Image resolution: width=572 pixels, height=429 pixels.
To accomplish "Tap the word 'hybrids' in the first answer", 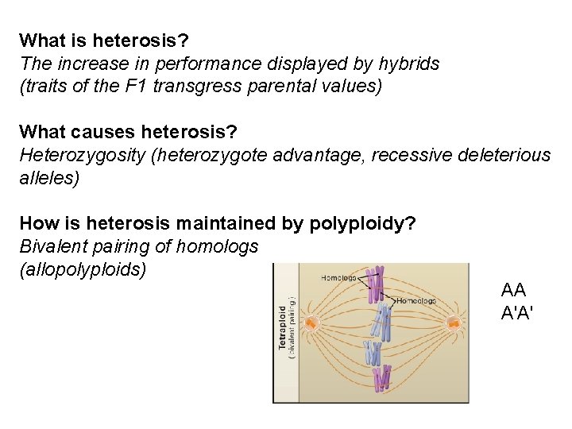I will click(x=408, y=64).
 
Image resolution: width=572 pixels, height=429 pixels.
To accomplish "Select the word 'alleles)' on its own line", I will click(x=49, y=178).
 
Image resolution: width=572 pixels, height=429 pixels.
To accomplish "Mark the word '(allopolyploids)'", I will click(x=83, y=269).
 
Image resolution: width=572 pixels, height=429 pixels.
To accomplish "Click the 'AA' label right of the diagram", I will click(x=515, y=290).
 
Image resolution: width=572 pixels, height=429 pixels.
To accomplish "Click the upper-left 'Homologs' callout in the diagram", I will click(x=339, y=277).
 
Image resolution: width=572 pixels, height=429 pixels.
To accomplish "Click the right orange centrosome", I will click(x=454, y=323).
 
